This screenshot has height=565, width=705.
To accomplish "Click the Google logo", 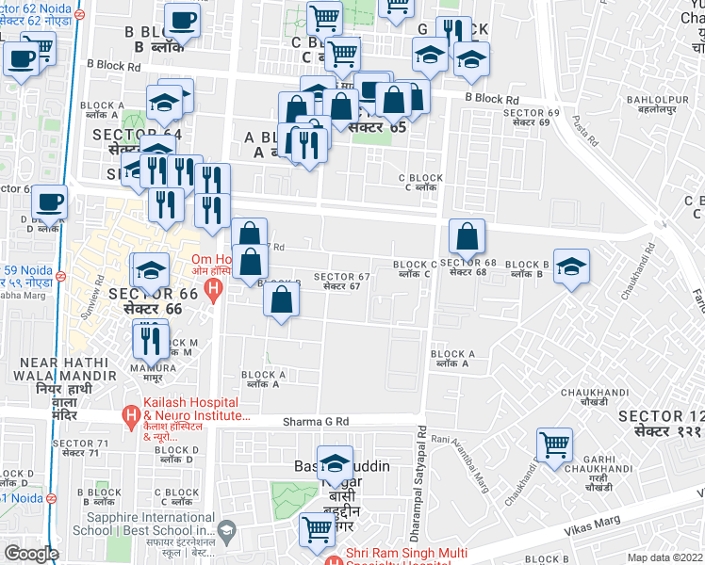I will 31,554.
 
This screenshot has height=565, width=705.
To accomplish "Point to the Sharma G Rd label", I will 316,422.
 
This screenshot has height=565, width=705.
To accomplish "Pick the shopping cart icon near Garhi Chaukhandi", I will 554,444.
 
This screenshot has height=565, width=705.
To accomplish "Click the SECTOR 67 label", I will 342,281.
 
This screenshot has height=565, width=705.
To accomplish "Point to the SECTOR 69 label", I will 531,118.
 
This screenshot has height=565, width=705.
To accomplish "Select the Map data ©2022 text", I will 665,557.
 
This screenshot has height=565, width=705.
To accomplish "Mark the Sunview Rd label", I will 90,301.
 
